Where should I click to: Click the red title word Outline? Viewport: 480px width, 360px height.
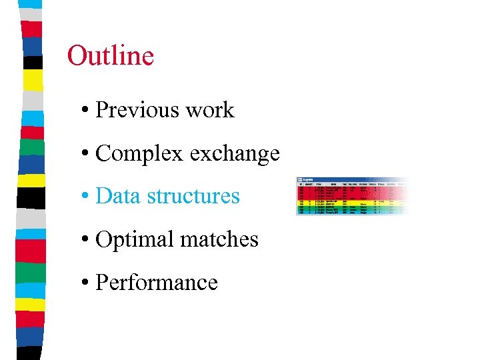tap(111, 55)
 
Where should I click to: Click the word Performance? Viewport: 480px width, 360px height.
tap(157, 283)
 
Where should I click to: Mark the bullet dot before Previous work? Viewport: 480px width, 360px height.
tap(87, 111)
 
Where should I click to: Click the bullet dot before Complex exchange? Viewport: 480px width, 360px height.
tap(87, 154)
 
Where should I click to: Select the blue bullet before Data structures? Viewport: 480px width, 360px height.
tap(87, 197)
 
